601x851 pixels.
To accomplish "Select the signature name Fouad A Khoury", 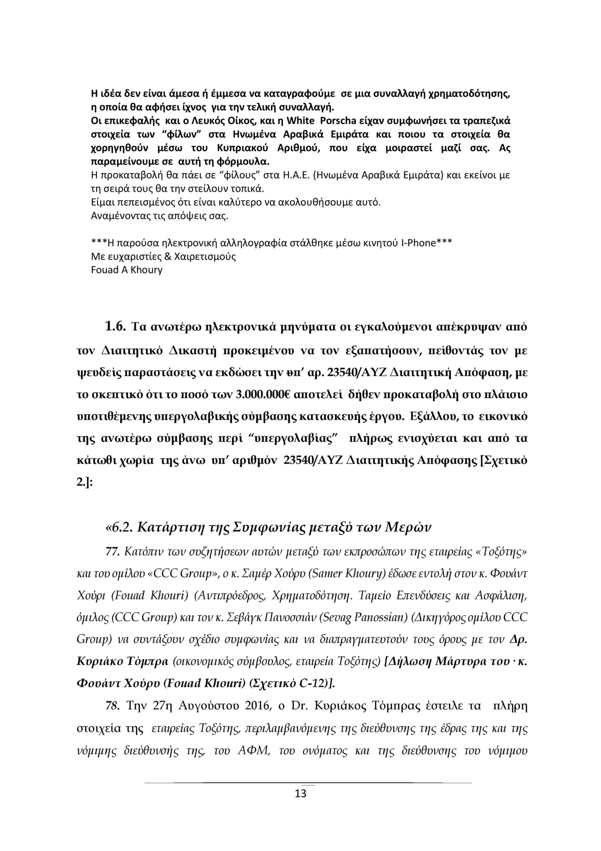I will tap(127, 270).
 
